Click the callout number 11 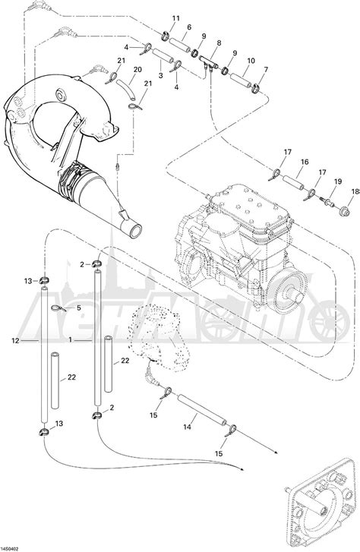tap(176, 18)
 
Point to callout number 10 tap(251, 60)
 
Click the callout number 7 tap(265, 70)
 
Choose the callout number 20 tap(137, 70)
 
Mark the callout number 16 tap(304, 162)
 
